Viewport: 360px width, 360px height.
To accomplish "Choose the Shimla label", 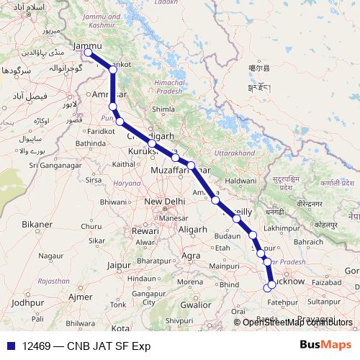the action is click(x=163, y=109).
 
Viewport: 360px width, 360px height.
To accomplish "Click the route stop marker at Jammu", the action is click(x=88, y=53).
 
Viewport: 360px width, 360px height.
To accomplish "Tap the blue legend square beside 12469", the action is click(x=9, y=346).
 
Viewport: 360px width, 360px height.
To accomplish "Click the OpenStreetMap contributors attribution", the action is click(x=297, y=322).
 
